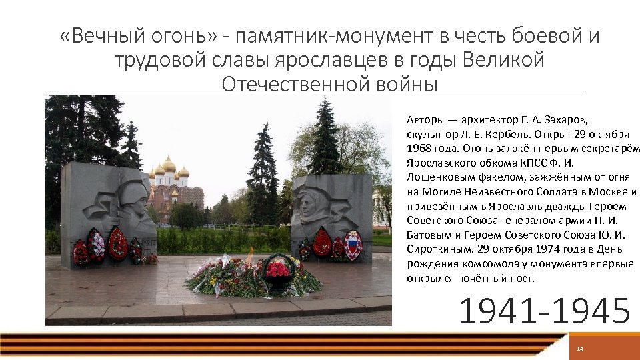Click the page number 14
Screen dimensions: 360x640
(x=579, y=349)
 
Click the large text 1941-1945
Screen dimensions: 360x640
(x=545, y=311)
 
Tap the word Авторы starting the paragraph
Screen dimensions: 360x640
(x=425, y=120)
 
